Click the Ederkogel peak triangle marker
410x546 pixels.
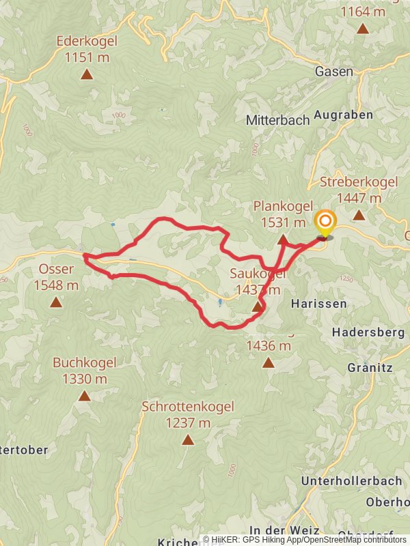pyautogui.click(x=87, y=74)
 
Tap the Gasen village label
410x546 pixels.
pyautogui.click(x=334, y=72)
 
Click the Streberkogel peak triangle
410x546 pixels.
pyautogui.click(x=359, y=215)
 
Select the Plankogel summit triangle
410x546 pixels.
pyautogui.click(x=283, y=240)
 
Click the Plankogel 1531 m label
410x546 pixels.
pyautogui.click(x=283, y=214)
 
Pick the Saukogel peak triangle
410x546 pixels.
pyautogui.click(x=257, y=307)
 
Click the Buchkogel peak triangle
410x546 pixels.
pyautogui.click(x=84, y=396)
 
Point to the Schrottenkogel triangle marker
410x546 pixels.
pyautogui.click(x=188, y=440)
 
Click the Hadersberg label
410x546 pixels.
pyautogui.click(x=368, y=332)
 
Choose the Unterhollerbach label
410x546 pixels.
pyautogui.click(x=351, y=480)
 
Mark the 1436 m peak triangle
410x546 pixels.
pyautogui.click(x=269, y=363)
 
